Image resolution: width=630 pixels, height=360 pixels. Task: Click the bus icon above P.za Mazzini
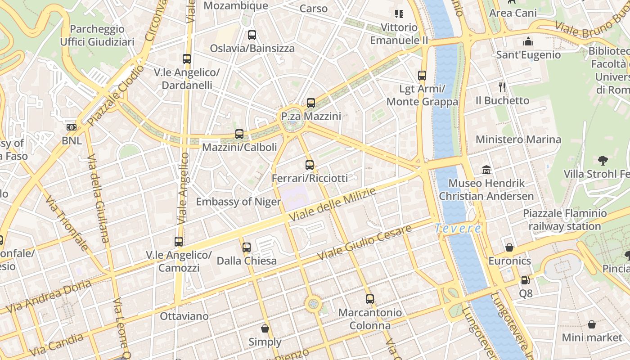(x=310, y=103)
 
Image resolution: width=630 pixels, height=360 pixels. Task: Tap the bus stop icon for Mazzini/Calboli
(x=239, y=134)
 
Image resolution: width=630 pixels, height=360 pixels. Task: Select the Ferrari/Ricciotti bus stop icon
(x=309, y=165)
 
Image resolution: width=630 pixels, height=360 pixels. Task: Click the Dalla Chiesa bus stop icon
(x=246, y=247)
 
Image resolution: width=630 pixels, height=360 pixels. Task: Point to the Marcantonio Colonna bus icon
(x=369, y=299)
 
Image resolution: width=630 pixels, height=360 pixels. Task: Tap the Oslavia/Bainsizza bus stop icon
(x=252, y=35)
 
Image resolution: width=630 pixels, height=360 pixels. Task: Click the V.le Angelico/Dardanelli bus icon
(x=186, y=59)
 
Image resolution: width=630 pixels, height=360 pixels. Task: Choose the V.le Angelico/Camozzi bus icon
(x=179, y=242)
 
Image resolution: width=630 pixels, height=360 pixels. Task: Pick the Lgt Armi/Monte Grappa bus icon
(x=422, y=76)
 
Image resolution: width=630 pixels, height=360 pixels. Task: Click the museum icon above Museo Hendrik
(x=486, y=170)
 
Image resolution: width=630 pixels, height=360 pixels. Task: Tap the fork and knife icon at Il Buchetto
(x=502, y=87)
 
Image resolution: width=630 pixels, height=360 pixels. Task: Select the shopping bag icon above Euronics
(x=509, y=247)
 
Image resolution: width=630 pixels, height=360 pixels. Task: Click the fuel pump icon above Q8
(x=525, y=280)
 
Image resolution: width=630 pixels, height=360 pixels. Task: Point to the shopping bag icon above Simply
(x=265, y=328)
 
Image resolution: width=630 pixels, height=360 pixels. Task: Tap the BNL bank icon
(x=72, y=127)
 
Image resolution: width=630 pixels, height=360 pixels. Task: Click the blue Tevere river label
(x=458, y=229)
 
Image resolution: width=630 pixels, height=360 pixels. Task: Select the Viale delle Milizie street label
(x=332, y=205)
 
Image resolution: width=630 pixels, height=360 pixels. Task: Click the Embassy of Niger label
(x=238, y=202)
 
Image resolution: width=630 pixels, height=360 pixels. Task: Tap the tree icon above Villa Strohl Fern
(x=603, y=160)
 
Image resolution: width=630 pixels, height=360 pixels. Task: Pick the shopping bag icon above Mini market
(x=592, y=324)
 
